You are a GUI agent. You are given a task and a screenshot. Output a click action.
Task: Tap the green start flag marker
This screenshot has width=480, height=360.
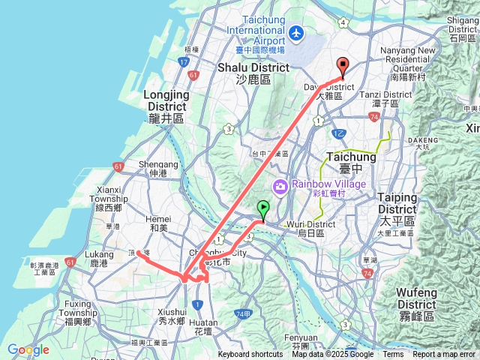(x=263, y=210)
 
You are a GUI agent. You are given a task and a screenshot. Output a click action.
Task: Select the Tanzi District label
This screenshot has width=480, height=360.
(x=389, y=95)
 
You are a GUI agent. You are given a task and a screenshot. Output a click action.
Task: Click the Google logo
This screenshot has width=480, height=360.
(x=28, y=349)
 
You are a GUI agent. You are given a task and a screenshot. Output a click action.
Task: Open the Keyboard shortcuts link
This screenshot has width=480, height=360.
(x=250, y=355)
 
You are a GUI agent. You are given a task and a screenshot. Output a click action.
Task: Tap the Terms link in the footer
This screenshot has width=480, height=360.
(x=393, y=355)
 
